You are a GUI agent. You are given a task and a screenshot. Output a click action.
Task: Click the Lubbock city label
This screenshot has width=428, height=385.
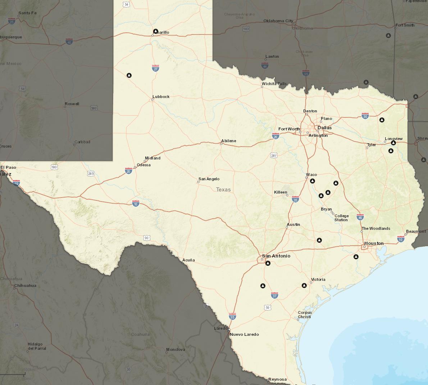coord(161,97)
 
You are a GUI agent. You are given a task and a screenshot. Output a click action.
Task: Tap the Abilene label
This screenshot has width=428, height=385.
coord(229,141)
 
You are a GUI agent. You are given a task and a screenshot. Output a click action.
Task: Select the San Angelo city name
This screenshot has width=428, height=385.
coord(209,179)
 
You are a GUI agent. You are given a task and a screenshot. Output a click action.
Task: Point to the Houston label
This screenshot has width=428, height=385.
coord(374,243)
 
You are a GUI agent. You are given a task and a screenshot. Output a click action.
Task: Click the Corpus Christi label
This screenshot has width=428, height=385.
coord(305,315)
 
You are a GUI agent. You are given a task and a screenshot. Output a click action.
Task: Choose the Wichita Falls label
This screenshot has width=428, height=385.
coord(274,84)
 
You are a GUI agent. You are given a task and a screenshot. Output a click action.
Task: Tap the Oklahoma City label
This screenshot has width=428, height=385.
coord(278,21)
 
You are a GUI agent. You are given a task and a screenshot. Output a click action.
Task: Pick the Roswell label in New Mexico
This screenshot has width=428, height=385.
coord(72,104)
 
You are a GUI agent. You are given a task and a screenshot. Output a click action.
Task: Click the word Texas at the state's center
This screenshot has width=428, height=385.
coord(223,190)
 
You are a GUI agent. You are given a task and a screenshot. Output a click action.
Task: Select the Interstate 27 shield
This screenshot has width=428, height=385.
coord(155,68)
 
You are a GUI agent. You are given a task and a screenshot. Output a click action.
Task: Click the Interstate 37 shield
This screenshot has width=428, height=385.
coord(275,296)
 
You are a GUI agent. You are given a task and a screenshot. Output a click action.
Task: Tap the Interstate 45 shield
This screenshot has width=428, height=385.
coord(360,217)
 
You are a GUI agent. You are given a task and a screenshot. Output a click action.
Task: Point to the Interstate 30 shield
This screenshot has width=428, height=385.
coord(365,116)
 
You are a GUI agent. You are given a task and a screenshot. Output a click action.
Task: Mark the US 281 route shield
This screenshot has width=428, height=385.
coord(274,156)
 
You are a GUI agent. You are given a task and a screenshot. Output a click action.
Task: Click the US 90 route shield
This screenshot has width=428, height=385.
coord(146,238)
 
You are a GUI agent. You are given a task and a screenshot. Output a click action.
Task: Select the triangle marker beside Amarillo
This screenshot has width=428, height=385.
coord(156,31)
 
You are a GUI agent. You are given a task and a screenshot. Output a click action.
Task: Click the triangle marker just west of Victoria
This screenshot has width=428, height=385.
coord(304,286)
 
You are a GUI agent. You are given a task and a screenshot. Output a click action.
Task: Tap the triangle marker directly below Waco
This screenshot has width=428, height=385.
coord(313,181)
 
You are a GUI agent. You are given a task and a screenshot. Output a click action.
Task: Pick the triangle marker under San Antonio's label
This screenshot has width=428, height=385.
coord(268,263)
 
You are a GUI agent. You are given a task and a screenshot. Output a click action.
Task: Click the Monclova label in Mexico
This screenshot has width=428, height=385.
coord(176,349)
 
